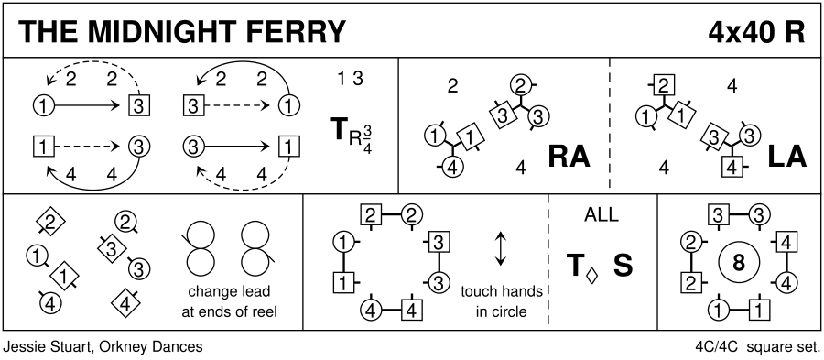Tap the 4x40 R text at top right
(756, 32)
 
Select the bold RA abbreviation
(569, 157)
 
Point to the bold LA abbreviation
(786, 157)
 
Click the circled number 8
(739, 263)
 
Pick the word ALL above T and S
(602, 215)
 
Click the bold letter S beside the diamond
(623, 266)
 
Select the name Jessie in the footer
(25, 347)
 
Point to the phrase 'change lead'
(229, 291)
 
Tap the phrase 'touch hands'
(502, 291)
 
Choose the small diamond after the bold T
(592, 276)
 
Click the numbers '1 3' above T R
(350, 79)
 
